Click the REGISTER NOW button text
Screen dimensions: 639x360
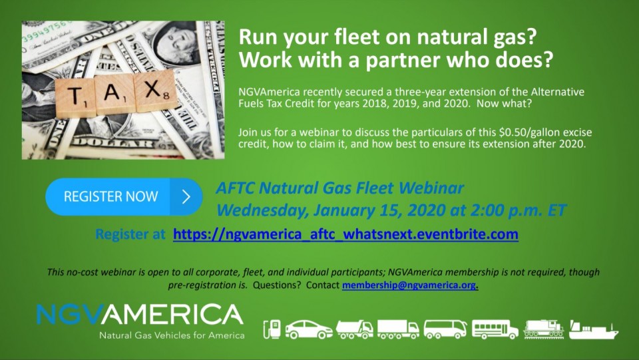coord(110,196)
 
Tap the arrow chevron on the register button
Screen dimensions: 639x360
coord(186,197)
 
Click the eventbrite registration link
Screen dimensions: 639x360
coord(345,234)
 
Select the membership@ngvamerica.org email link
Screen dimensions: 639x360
coord(409,285)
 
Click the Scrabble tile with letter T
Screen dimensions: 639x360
coord(75,98)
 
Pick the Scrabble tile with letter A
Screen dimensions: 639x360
coord(114,94)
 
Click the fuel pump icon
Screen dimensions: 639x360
coord(272,329)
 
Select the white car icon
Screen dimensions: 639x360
coord(308,329)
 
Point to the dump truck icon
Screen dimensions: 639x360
coord(354,329)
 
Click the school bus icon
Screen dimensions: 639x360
coord(495,329)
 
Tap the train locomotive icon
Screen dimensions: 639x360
coord(544,329)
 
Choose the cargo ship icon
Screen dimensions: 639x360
coord(594,329)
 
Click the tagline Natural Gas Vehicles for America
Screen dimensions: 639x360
coord(172,335)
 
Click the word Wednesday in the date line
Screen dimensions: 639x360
coord(262,210)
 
